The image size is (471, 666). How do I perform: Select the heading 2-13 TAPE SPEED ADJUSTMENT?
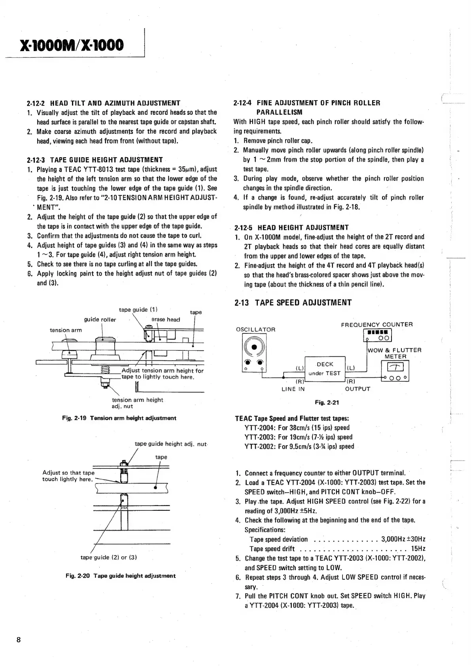293,303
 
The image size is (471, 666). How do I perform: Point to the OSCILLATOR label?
255,329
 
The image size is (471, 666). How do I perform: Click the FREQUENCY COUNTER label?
376,325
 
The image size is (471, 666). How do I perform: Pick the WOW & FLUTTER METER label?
394,353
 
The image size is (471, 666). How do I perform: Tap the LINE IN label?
293,389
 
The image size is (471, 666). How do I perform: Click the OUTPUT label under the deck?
358,389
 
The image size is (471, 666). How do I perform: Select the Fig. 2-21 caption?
327,402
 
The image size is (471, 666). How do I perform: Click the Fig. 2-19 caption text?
119,418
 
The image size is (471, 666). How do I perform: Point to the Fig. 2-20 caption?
120,576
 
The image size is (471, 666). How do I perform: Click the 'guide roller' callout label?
100,320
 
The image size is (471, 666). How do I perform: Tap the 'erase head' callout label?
166,320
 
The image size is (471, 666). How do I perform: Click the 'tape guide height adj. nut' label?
171,444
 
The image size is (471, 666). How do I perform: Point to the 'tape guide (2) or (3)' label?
108,558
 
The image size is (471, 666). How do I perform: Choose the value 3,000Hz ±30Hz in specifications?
403,539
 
